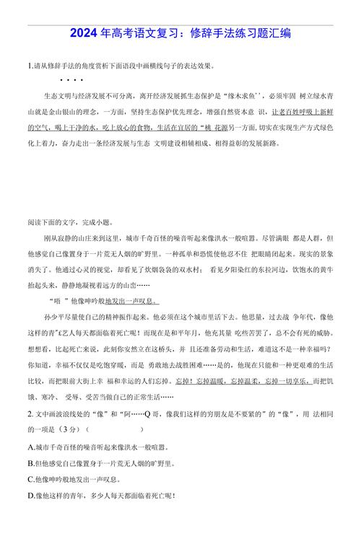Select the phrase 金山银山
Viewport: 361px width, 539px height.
pyautogui.click(x=56, y=111)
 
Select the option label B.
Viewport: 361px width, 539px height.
pyautogui.click(x=30, y=463)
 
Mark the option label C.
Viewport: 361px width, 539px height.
pyautogui.click(x=30, y=479)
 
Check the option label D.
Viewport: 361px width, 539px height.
pyautogui.click(x=30, y=496)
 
